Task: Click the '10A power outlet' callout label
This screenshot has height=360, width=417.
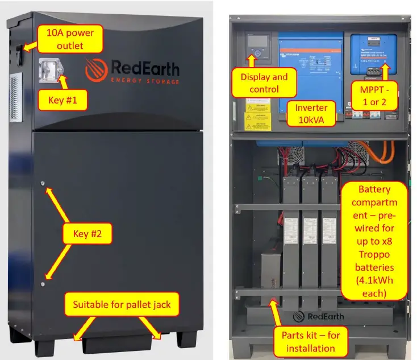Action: (x=66, y=39)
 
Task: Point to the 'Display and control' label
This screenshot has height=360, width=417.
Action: (x=264, y=83)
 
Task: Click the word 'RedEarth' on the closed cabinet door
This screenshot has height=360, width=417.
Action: (x=144, y=69)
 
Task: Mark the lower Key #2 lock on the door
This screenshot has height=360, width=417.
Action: (x=43, y=283)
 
